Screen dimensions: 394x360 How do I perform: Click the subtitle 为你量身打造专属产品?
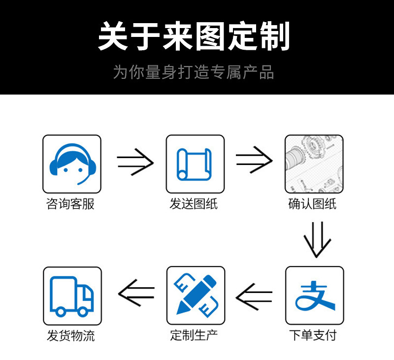pyautogui.click(x=194, y=72)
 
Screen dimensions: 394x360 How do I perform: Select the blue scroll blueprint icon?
pyautogui.click(x=194, y=164)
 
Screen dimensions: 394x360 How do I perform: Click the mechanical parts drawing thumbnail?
pyautogui.click(x=314, y=164)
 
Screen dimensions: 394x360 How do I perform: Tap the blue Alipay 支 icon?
pyautogui.click(x=315, y=295)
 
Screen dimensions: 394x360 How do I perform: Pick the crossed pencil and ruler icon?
pyautogui.click(x=196, y=295)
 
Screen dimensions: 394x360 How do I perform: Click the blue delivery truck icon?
pyautogui.click(x=72, y=296)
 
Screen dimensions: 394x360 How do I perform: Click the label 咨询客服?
pyautogui.click(x=70, y=204)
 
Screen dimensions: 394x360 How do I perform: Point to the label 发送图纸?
pyautogui.click(x=194, y=204)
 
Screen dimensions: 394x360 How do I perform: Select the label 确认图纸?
pyautogui.click(x=312, y=204)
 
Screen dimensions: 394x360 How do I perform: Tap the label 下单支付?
pyautogui.click(x=313, y=335)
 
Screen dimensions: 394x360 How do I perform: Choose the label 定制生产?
pyautogui.click(x=194, y=335)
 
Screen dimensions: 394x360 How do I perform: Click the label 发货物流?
pyautogui.click(x=71, y=336)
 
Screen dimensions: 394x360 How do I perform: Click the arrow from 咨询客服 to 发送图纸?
pyautogui.click(x=135, y=162)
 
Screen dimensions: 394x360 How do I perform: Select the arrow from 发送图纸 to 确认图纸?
pyautogui.click(x=254, y=160)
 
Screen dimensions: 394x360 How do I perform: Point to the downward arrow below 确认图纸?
pyautogui.click(x=317, y=240)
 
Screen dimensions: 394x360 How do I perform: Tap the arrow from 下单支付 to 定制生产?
pyautogui.click(x=254, y=297)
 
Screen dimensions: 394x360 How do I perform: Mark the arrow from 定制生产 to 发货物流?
pyautogui.click(x=136, y=293)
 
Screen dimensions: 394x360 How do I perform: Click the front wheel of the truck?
pyautogui.click(x=82, y=312)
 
